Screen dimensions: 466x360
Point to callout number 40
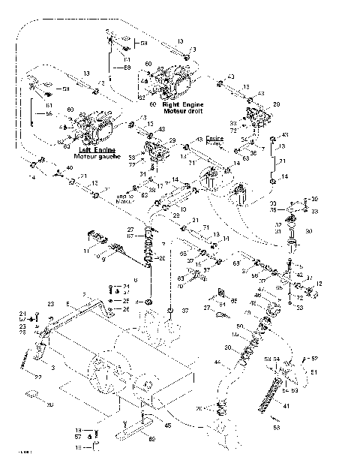(69, 168)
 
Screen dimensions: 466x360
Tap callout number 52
(314, 358)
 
